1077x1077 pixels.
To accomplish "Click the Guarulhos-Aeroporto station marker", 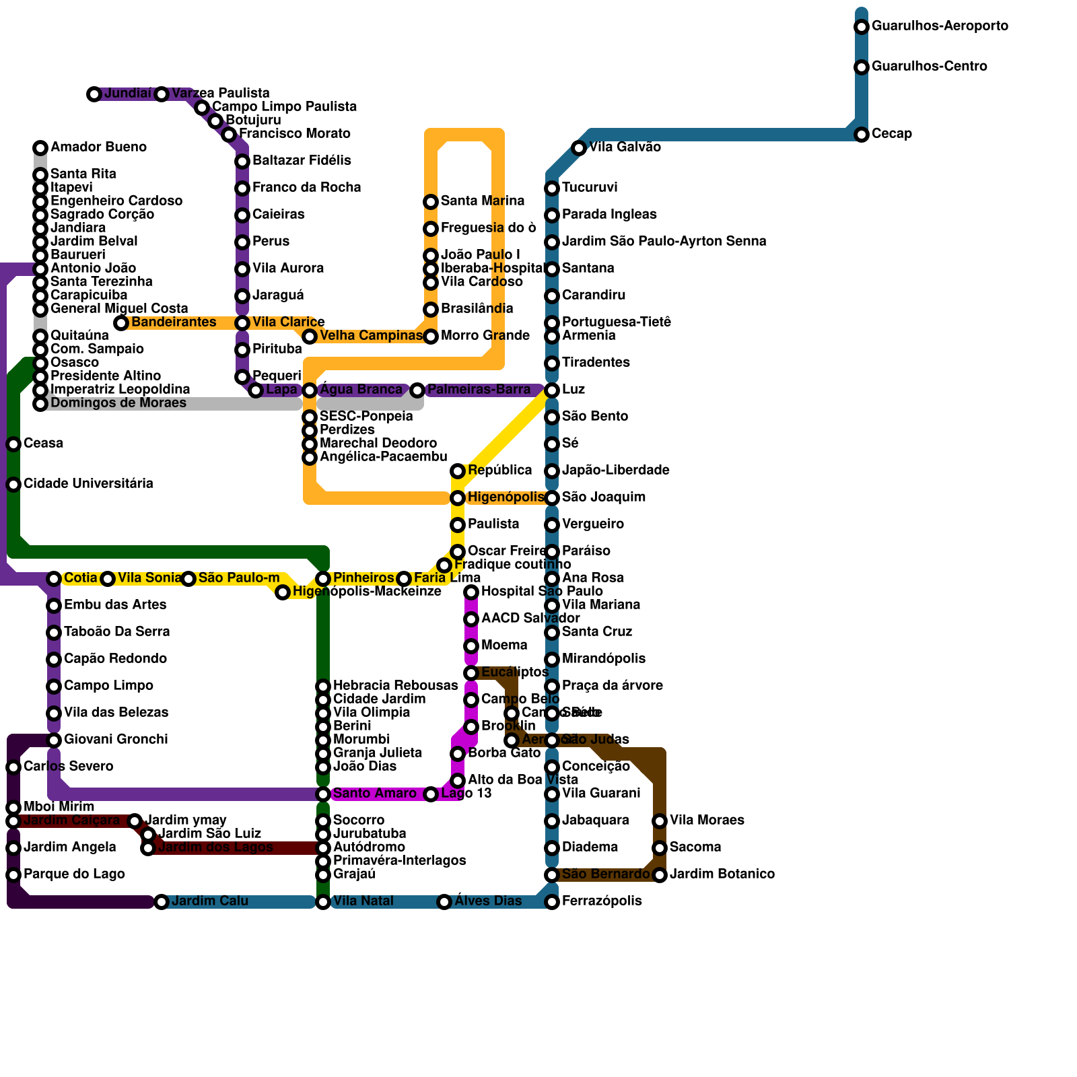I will pos(862,27).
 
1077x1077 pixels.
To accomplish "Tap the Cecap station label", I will pos(891,134).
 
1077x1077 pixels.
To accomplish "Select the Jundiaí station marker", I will pos(94,94).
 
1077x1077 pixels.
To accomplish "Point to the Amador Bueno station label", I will pos(98,147).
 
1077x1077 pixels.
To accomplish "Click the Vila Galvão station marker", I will pos(579,148).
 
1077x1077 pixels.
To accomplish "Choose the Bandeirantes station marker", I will pos(121,323).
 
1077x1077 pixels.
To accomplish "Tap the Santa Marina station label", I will pos(482,201).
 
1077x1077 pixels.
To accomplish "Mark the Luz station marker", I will pos(552,390).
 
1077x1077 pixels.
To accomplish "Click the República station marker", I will pos(458,471).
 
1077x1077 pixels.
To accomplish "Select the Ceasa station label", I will pos(43,444).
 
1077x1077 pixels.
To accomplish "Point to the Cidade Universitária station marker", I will pos(13,485).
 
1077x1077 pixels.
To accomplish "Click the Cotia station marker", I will pos(54,579).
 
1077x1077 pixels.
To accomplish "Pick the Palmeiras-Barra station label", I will pos(479,390).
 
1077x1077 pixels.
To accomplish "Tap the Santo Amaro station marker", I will pos(323,794).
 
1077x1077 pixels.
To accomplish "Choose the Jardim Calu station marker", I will pos(162,902).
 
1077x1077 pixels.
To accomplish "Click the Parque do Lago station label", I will pos(74,874).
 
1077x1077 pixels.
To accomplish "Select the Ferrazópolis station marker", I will pos(552,902).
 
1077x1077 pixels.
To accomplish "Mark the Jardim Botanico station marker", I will pos(660,875).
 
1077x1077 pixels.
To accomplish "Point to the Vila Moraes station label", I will pos(707,821).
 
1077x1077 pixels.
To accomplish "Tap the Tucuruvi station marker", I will pos(552,188).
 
